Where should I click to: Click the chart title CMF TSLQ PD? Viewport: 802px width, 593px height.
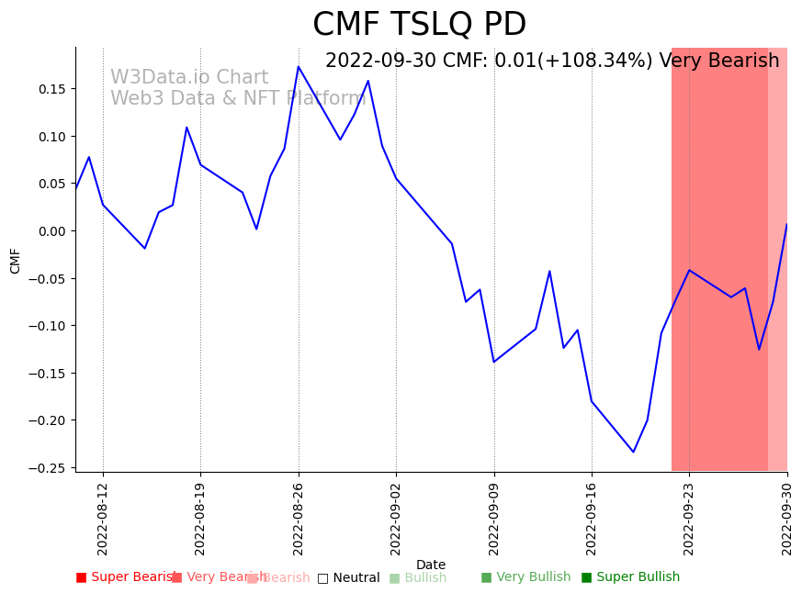(419, 25)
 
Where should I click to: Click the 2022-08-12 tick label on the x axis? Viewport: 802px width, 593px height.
(103, 519)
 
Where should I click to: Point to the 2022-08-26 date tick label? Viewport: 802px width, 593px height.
(299, 519)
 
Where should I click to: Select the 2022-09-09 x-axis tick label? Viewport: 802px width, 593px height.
(494, 519)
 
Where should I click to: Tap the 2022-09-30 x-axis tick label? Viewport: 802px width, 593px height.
(787, 519)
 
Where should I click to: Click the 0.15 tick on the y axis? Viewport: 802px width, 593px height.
(52, 89)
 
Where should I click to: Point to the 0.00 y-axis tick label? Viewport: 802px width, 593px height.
(52, 231)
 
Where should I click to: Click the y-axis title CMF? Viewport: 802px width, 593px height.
(16, 260)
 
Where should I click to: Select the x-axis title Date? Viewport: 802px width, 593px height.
(431, 565)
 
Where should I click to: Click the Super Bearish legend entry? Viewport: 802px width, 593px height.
(125, 577)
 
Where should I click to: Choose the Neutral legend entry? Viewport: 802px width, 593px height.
(348, 578)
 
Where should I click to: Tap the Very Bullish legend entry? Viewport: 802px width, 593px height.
(525, 577)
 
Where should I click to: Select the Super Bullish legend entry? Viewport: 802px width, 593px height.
(630, 577)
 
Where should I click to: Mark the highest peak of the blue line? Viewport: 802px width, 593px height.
(299, 66)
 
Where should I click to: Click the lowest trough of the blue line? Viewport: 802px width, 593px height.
(633, 452)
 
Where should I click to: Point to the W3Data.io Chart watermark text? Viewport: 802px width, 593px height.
(189, 78)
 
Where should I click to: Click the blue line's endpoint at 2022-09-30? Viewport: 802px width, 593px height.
(786, 224)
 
